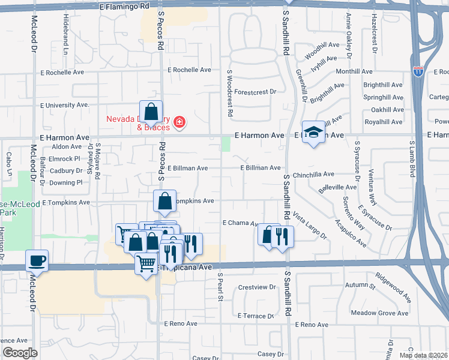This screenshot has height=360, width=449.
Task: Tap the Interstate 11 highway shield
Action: (x=418, y=71)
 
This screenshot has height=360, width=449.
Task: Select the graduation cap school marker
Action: (x=312, y=133)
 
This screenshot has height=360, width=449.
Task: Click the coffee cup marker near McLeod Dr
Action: (x=37, y=261)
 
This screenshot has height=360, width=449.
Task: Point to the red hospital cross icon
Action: (x=179, y=123)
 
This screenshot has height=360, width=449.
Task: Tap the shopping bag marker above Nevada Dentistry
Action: (x=151, y=111)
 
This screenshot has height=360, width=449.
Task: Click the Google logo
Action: (x=19, y=353)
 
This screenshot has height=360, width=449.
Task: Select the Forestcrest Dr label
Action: (x=255, y=92)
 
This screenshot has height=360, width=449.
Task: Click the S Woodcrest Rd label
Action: (x=229, y=93)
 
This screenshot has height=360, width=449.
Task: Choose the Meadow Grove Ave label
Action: (x=379, y=313)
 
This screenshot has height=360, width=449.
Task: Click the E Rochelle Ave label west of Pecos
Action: (x=63, y=73)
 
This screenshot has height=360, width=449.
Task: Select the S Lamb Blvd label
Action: (x=412, y=160)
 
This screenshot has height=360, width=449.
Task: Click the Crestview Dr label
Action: (x=256, y=287)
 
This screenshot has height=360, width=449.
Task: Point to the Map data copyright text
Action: (x=423, y=355)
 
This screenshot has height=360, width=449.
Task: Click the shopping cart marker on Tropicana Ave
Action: (x=146, y=262)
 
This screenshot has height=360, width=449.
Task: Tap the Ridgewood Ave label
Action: (x=393, y=288)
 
